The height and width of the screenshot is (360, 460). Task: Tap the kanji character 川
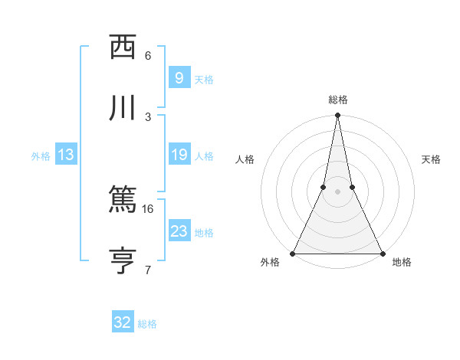point(123,107)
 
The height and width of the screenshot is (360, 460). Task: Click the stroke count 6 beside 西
point(148,56)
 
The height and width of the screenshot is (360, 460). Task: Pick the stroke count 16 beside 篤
point(148,208)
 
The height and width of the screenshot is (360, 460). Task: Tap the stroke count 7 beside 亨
point(148,270)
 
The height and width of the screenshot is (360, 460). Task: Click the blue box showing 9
point(179,77)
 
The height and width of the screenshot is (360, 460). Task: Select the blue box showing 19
point(179,155)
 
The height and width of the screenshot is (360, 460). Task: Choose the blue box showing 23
point(179,231)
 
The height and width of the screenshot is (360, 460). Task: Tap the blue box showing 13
point(66,155)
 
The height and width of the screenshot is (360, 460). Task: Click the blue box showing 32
point(123,322)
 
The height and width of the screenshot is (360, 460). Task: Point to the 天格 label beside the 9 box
point(204,79)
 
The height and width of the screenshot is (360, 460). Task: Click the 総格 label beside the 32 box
point(147,324)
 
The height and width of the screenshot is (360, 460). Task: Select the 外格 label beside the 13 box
point(41,156)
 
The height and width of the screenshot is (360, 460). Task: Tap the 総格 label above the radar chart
point(337,100)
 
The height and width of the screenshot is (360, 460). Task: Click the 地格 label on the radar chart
point(402,263)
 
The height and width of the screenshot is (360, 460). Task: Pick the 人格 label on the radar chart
point(245,159)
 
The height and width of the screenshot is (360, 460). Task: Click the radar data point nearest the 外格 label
point(293,253)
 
